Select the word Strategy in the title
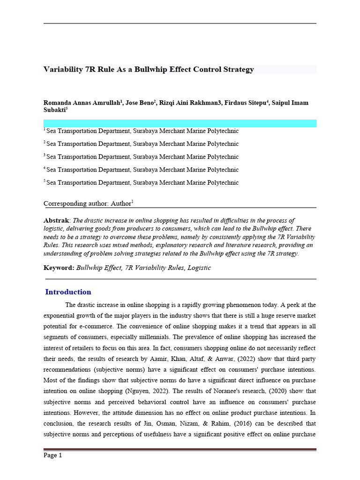point(237,69)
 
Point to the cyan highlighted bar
point(180,123)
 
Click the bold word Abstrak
point(56,220)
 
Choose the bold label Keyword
point(58,268)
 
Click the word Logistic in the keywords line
point(199,268)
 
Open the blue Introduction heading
point(68,292)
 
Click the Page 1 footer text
point(52,455)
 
